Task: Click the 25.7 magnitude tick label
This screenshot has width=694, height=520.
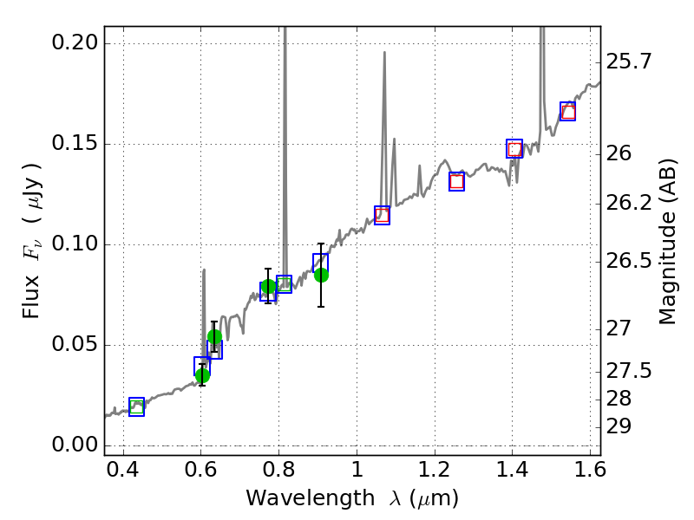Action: click(630, 62)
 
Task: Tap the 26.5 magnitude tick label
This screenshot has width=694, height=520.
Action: click(630, 260)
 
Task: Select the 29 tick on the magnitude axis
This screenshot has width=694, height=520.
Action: click(621, 426)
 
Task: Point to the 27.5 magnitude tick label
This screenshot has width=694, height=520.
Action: click(630, 371)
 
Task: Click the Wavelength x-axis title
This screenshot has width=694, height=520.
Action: click(352, 498)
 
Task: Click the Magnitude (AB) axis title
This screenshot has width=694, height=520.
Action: click(667, 242)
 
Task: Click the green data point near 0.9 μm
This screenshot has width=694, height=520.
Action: click(321, 275)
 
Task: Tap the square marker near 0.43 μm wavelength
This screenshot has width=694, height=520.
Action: click(136, 406)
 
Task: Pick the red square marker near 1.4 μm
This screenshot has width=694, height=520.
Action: click(514, 149)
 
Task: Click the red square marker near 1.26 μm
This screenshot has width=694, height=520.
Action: click(456, 181)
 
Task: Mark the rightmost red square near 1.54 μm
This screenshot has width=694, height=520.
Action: click(568, 112)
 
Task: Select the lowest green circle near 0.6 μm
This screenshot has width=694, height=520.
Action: click(202, 375)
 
